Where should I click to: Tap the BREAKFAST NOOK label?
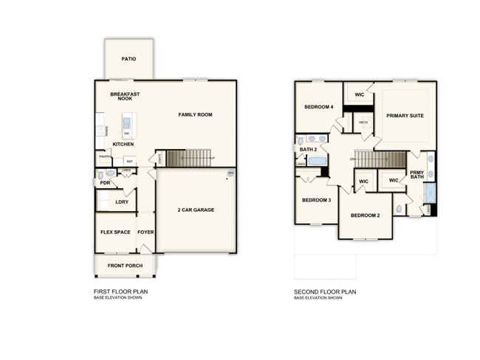(x=125, y=96)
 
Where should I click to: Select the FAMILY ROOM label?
(x=195, y=115)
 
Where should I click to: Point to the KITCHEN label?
(x=123, y=144)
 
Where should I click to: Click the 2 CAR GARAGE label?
(x=196, y=210)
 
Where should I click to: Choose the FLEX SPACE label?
(x=115, y=232)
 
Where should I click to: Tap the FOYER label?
(x=145, y=232)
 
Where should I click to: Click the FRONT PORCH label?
(x=125, y=266)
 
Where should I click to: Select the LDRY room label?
(x=122, y=202)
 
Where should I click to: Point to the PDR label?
(x=105, y=183)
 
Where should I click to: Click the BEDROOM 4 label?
(x=319, y=107)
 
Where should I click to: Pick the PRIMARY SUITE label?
(x=405, y=115)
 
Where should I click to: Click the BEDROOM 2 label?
(x=365, y=215)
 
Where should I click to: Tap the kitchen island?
(x=127, y=126)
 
